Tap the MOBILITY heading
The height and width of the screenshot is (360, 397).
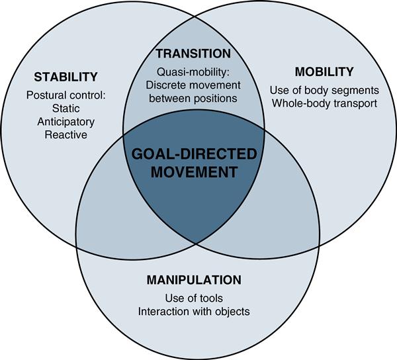pos(326,71)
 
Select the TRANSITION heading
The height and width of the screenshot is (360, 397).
pos(193,54)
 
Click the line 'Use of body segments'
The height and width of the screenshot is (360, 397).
pos(324,90)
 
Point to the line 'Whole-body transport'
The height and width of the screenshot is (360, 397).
pos(324,103)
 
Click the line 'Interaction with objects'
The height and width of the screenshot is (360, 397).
pos(193,310)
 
